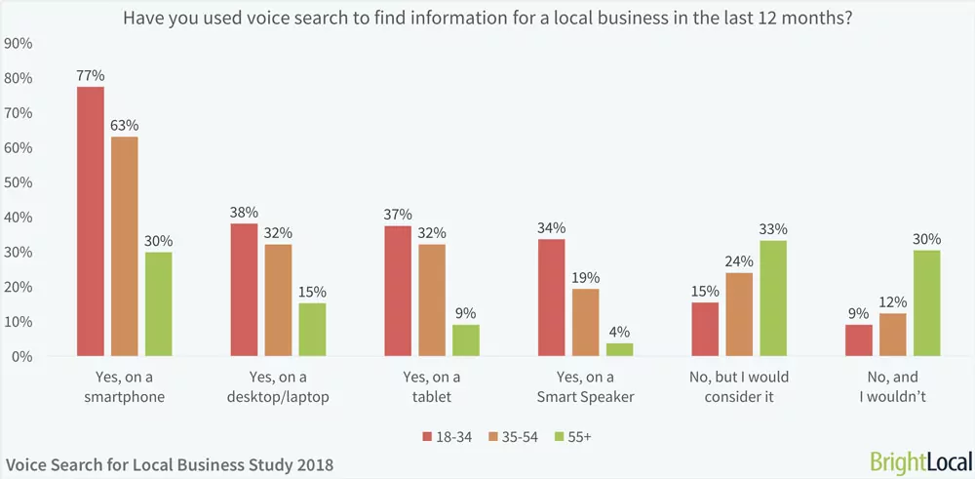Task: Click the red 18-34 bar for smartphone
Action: point(91,221)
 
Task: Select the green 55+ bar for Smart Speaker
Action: point(618,349)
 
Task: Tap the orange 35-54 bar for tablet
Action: point(431,299)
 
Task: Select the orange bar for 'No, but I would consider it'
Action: point(739,314)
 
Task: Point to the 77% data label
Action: point(91,74)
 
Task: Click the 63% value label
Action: point(124,125)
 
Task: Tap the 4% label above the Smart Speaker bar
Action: point(618,331)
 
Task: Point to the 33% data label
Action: point(772,228)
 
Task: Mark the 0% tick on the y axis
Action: point(22,357)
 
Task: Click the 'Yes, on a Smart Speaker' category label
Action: point(585,386)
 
